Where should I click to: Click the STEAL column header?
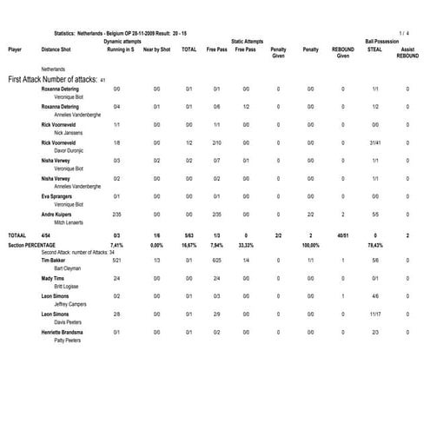(374, 50)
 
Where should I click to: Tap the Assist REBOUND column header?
(407, 53)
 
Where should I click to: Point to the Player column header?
(15, 50)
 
